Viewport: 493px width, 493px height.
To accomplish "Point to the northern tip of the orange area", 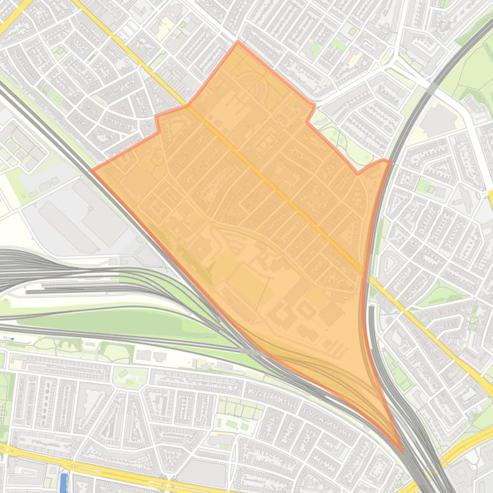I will tap(238, 42).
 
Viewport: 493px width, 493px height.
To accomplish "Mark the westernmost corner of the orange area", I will tap(94, 170).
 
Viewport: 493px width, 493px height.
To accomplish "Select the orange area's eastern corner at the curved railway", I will tap(389, 161).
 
